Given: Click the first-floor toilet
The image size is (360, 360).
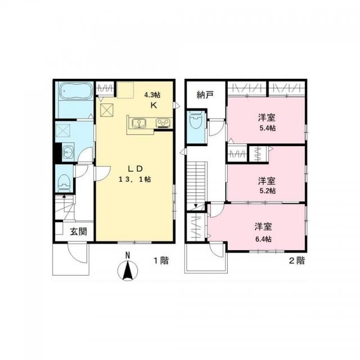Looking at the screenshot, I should (x=64, y=182).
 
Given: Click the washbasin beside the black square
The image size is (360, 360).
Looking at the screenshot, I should (x=69, y=151).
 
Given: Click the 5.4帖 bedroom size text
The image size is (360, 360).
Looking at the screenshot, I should (x=267, y=128).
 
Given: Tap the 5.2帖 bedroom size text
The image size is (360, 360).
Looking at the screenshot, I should (x=267, y=191).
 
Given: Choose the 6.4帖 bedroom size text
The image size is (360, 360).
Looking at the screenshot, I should (x=263, y=238).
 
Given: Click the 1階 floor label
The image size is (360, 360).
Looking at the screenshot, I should (x=161, y=260).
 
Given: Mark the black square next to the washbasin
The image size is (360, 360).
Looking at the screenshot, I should (x=58, y=152).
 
